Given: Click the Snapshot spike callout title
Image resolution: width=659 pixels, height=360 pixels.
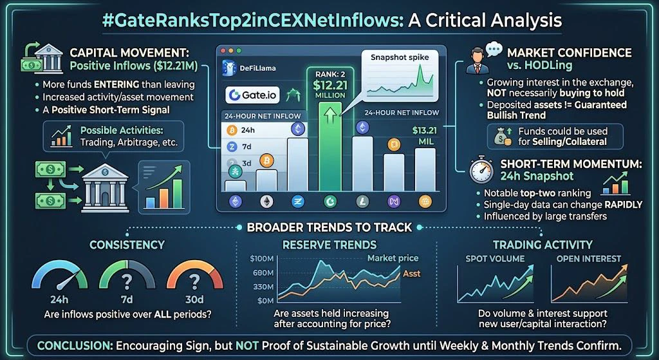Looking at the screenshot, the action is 400,58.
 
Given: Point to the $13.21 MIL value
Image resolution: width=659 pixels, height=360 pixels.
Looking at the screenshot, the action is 424,135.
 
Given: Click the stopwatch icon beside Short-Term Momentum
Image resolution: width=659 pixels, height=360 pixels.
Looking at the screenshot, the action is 481,169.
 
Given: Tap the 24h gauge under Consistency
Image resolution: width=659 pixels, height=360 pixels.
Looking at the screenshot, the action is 59,276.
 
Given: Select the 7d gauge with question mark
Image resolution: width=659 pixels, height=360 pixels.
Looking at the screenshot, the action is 127,276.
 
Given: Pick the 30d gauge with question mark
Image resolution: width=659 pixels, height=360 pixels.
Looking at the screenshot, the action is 194,276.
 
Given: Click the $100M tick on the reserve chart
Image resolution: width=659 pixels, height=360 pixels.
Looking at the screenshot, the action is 262,259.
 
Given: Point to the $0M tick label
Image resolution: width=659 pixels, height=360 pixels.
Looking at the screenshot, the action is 265,301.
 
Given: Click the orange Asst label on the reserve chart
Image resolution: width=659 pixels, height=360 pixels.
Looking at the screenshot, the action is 411,274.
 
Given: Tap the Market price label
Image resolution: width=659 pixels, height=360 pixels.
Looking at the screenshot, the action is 393,258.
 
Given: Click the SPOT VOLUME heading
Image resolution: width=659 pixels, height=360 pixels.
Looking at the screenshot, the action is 495,259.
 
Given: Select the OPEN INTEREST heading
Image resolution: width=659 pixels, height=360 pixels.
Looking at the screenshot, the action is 588,259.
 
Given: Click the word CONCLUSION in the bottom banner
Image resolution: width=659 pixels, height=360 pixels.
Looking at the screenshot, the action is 74,346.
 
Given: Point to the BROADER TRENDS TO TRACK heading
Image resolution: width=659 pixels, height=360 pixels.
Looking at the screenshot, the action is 329,227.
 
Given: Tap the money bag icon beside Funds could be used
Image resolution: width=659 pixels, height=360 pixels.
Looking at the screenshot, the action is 503,137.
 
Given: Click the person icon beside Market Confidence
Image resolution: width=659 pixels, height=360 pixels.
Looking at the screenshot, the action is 477,61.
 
